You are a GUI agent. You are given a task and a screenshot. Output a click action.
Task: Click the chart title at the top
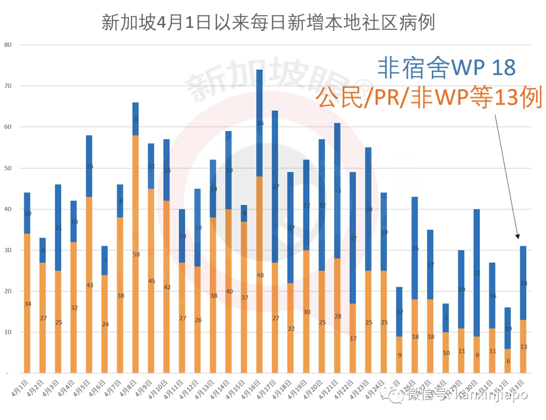(x=268, y=23)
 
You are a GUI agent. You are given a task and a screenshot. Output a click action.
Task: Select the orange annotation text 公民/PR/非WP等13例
(x=429, y=96)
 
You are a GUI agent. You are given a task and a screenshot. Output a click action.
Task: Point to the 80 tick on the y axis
(x=8, y=45)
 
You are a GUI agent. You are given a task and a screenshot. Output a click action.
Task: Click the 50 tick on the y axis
(x=8, y=168)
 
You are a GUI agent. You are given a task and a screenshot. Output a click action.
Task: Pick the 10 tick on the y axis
(x=8, y=332)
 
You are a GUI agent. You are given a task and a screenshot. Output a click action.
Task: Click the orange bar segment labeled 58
(x=135, y=254)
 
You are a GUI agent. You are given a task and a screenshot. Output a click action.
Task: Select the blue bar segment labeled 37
(x=275, y=186)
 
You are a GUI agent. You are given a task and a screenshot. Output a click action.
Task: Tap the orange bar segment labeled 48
(x=259, y=275)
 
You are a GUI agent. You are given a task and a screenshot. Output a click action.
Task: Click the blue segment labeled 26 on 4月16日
(x=259, y=123)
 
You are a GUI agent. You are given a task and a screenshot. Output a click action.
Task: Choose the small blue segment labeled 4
(x=244, y=213)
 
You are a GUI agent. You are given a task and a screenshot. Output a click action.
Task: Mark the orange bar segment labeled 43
(x=89, y=285)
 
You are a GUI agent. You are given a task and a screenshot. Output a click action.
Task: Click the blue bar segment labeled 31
(x=476, y=273)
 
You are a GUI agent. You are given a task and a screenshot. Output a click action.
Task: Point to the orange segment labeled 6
(x=508, y=360)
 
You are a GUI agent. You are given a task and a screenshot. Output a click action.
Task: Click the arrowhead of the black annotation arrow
(x=518, y=236)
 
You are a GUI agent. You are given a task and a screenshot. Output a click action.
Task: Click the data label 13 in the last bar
(x=524, y=346)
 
